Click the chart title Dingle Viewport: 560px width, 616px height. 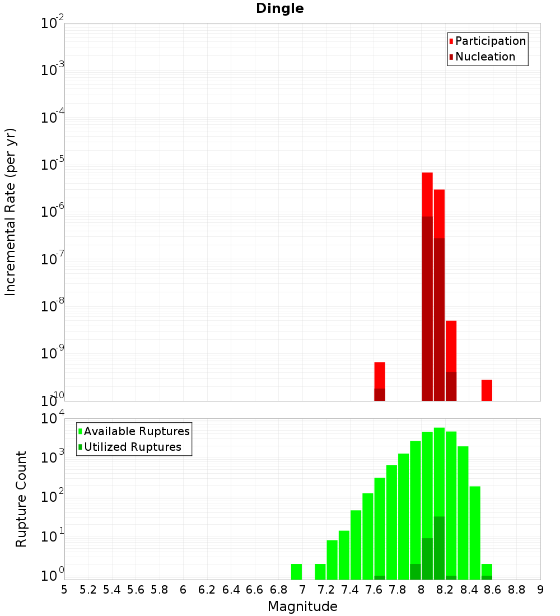pos(279,9)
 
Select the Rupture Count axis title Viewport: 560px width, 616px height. pos(21,499)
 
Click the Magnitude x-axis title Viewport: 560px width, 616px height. pos(302,606)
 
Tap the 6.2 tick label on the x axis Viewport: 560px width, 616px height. pos(207,590)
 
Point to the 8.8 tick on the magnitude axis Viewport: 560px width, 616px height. pos(516,590)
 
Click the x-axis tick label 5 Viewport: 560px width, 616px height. pos(64,590)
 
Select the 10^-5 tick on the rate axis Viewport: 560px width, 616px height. pos(53,165)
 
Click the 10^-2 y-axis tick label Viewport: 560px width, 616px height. pos(53,24)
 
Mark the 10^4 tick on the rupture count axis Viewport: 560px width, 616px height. pos(53,419)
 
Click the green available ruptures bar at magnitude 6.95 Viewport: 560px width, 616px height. pos(296,572)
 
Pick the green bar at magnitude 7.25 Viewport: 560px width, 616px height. pos(332,559)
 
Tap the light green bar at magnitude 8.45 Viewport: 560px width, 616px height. pos(475,532)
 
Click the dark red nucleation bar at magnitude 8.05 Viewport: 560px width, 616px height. pos(427,308)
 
